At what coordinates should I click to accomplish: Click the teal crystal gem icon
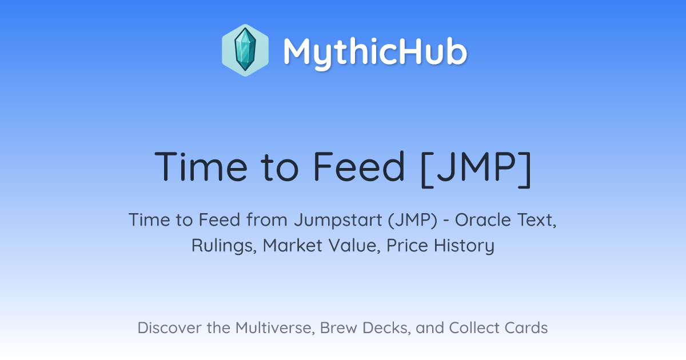pos(245,50)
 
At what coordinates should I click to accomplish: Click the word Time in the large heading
pos(201,166)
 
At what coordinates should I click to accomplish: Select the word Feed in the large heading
pos(358,166)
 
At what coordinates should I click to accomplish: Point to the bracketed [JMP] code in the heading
pos(476,169)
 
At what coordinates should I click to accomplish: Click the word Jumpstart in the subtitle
pos(338,221)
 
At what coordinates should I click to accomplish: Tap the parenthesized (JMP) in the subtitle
pos(413,220)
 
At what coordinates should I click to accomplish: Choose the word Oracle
pos(482,220)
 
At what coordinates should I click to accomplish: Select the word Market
pos(293,246)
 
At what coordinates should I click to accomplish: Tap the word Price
pos(407,246)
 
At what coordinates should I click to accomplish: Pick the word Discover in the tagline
pos(169,328)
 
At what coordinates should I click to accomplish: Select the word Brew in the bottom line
pos(338,328)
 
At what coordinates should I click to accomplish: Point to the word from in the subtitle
pos(267,220)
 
